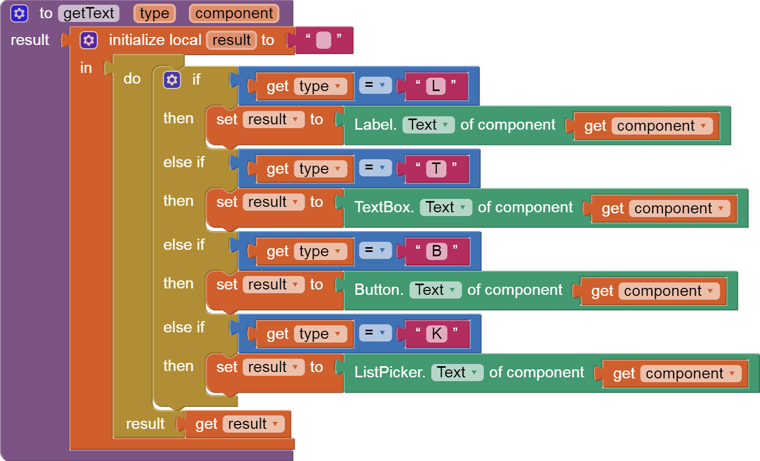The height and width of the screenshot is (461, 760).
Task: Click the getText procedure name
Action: click(88, 13)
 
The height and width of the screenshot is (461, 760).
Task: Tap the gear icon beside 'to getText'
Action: click(19, 13)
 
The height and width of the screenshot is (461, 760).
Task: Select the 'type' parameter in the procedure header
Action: click(154, 13)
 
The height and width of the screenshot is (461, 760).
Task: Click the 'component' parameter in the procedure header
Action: click(234, 13)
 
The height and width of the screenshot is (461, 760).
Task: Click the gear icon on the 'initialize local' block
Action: click(89, 40)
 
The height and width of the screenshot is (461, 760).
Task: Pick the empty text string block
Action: click(324, 40)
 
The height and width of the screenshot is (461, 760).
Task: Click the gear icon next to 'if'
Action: click(172, 80)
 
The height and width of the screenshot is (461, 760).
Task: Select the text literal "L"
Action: click(436, 87)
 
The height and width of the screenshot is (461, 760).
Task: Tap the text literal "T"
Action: click(436, 169)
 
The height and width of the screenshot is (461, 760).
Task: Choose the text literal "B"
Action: click(437, 251)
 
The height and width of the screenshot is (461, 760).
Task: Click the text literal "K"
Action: click(437, 334)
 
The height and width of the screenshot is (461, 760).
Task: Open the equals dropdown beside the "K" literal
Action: click(375, 334)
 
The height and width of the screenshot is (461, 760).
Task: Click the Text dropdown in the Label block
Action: click(428, 125)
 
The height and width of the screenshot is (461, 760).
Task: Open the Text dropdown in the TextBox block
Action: click(446, 207)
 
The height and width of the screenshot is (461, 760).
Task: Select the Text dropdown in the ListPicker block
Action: click(457, 373)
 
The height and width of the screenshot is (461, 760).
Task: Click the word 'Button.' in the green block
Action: click(379, 290)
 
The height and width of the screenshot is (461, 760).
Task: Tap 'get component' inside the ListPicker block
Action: click(675, 374)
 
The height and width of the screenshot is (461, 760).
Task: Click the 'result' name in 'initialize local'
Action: click(231, 40)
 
